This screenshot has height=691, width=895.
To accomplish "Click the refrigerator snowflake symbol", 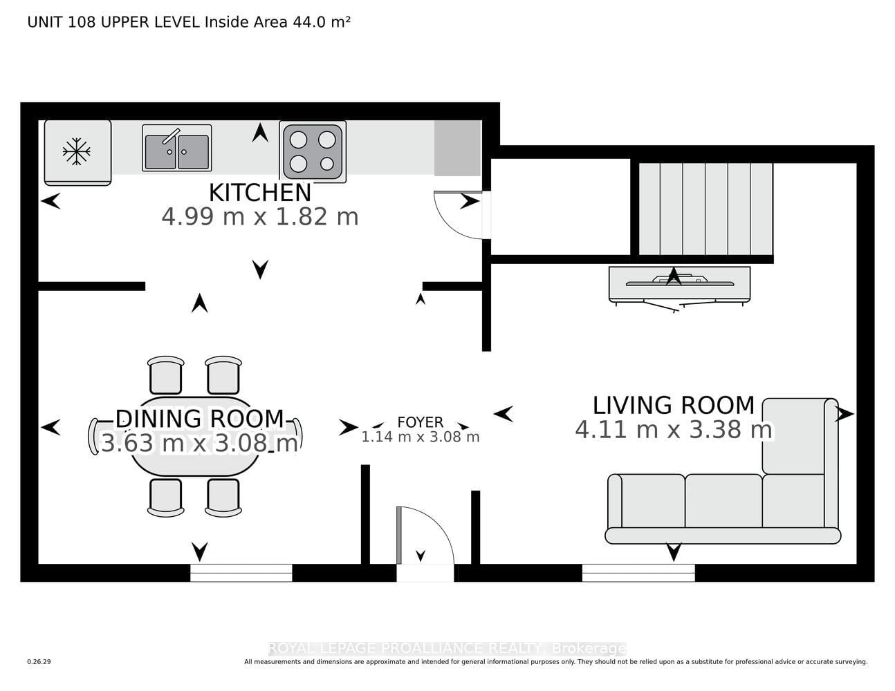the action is (x=77, y=152).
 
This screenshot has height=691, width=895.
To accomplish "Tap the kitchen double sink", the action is (x=176, y=148).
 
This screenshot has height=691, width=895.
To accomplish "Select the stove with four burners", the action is (x=313, y=151).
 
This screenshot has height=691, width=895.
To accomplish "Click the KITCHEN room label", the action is (x=260, y=193).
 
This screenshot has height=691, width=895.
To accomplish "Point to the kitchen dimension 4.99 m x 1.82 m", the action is (x=260, y=217).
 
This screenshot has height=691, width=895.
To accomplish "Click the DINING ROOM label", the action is (x=200, y=419).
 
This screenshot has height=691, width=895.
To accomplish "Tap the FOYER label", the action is (x=420, y=422).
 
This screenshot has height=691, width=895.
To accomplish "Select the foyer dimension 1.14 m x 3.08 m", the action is (x=420, y=437).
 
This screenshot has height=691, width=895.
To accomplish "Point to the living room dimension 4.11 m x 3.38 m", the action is (x=674, y=430).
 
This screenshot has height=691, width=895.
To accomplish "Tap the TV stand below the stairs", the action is (x=680, y=284).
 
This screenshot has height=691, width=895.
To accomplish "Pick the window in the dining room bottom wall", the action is (x=241, y=573).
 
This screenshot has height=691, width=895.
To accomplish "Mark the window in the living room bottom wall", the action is (x=638, y=573).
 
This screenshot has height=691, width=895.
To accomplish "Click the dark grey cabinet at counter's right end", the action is (x=458, y=148).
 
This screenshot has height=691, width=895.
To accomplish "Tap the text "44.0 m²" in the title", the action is (x=321, y=22).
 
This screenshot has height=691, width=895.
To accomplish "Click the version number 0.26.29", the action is (x=39, y=662).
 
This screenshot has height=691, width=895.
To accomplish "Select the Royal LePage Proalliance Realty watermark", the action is (x=447, y=649).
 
